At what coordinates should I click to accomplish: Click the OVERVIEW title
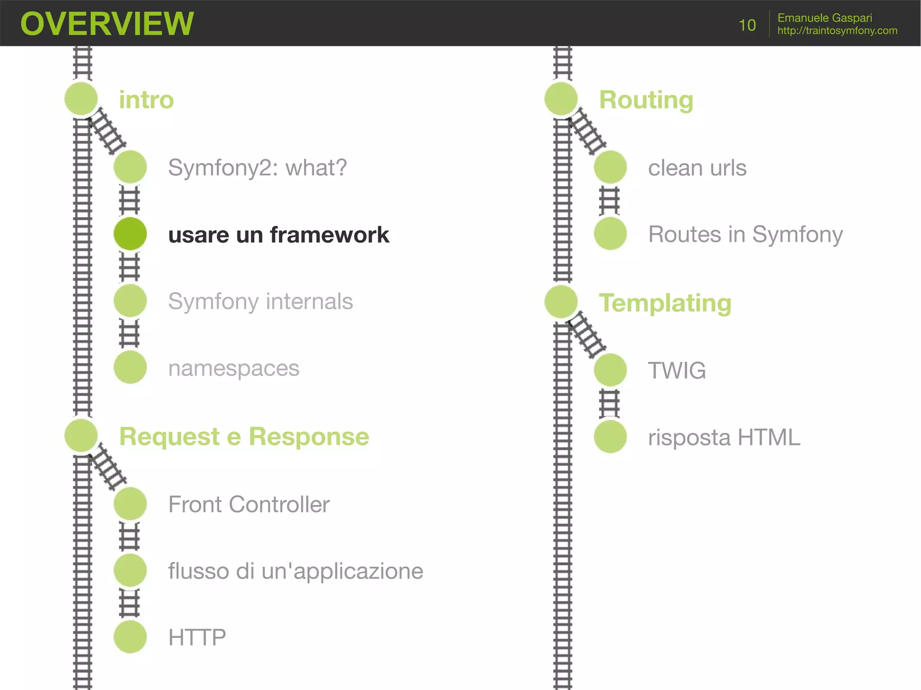(107, 23)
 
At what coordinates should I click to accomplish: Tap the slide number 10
(747, 25)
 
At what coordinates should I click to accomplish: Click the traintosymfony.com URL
(837, 31)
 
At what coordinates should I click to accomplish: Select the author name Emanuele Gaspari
(824, 18)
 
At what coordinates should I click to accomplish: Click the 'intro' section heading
(146, 100)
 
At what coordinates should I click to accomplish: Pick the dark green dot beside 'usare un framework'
(130, 234)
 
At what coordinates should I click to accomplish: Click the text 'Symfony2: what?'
(257, 168)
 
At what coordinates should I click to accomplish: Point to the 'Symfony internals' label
(260, 301)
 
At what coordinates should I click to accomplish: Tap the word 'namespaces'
(233, 368)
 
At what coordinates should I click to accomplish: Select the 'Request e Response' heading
(244, 436)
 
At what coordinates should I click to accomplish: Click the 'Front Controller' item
(249, 504)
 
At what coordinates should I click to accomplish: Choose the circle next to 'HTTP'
(130, 637)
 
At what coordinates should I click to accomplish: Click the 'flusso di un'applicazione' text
(295, 571)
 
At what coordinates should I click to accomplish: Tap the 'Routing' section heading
(646, 100)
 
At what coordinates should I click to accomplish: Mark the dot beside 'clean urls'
(610, 167)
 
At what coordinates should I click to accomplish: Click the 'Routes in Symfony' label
(745, 234)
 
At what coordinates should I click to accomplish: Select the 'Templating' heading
(665, 303)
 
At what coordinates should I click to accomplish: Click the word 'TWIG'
(676, 370)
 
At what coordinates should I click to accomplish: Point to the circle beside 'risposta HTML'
(610, 436)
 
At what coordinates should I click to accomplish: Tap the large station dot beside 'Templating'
(561, 301)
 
